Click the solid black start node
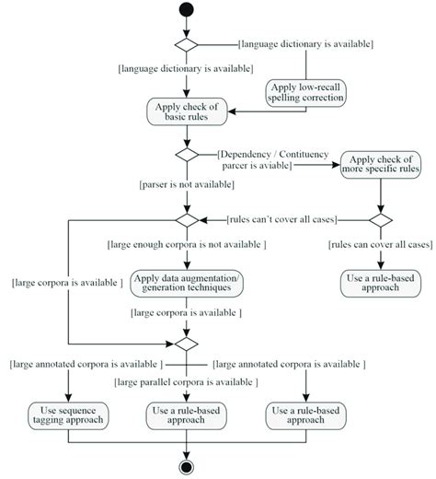[x=187, y=11]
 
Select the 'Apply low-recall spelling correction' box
[x=295, y=91]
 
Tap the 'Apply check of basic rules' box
[x=187, y=111]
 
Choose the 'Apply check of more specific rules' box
[x=380, y=167]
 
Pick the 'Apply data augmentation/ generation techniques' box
[x=187, y=284]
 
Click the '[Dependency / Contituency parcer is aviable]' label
[x=255, y=159]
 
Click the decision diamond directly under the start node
[x=187, y=43]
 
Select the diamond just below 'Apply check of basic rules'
[x=187, y=154]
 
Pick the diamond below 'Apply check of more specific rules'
[x=380, y=220]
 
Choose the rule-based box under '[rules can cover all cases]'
[x=379, y=284]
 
